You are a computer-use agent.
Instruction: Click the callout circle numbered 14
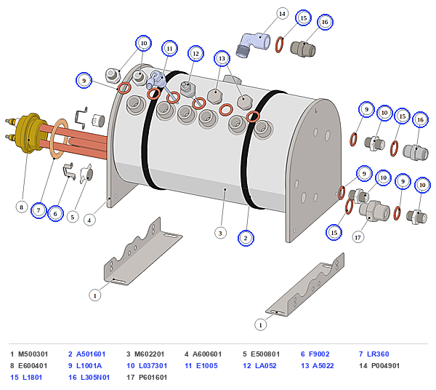(x=282, y=14)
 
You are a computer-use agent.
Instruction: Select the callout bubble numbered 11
(x=169, y=49)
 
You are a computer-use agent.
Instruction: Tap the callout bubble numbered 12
(x=195, y=53)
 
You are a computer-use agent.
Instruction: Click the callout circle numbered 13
(x=222, y=58)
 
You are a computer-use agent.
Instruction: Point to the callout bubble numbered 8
(x=21, y=207)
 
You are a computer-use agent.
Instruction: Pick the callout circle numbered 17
(x=358, y=237)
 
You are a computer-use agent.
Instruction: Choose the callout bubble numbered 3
(x=220, y=233)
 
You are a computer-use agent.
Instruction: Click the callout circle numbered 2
(x=246, y=238)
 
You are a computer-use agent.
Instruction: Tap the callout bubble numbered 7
(x=39, y=210)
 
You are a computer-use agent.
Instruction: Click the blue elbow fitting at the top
(x=252, y=44)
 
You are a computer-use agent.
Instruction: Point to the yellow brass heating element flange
(x=29, y=133)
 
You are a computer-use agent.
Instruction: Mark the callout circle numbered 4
(x=89, y=220)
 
